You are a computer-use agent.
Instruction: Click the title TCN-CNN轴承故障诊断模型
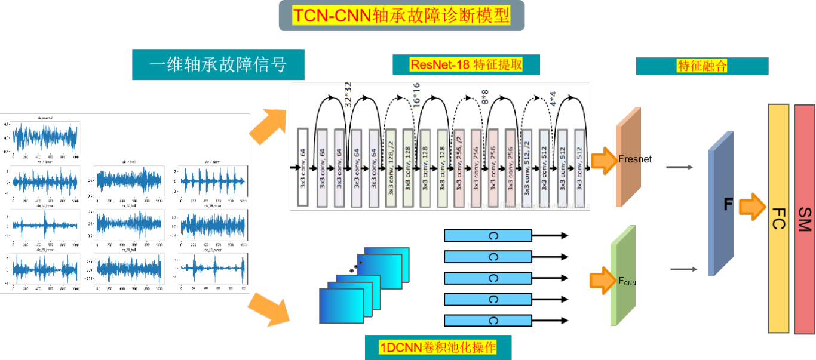click(401, 16)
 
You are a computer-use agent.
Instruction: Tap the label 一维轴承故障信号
click(218, 64)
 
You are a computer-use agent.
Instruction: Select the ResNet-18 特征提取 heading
click(466, 64)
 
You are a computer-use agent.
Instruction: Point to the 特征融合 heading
click(702, 66)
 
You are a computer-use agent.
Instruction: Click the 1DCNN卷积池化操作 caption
click(438, 347)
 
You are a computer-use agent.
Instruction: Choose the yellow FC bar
click(779, 219)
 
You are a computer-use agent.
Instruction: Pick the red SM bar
click(805, 219)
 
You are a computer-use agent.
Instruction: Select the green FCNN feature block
click(623, 276)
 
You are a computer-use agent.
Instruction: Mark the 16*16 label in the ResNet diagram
click(416, 94)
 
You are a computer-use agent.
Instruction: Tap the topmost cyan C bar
click(488, 236)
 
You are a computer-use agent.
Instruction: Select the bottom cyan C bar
click(488, 320)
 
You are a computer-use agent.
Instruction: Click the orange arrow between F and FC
click(752, 206)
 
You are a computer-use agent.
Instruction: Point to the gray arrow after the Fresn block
click(679, 168)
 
